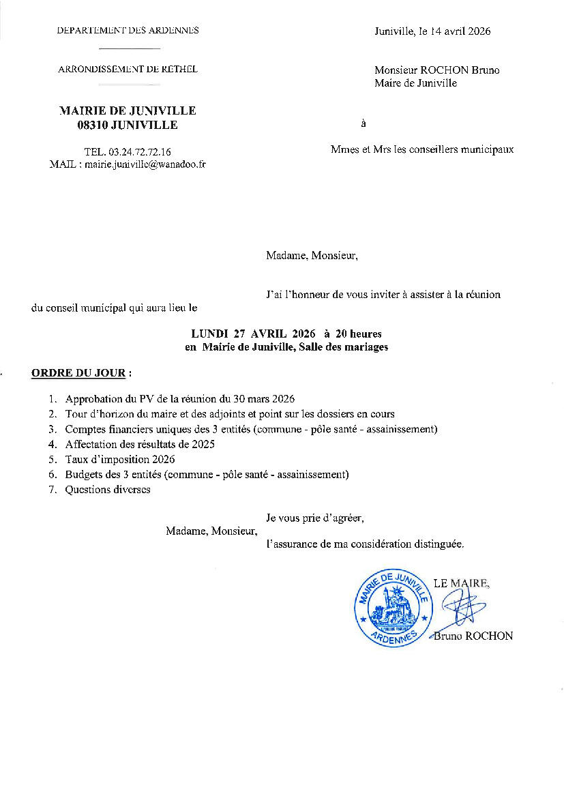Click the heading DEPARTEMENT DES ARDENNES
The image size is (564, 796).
pyautogui.click(x=128, y=31)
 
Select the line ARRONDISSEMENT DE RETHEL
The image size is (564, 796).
pyautogui.click(x=128, y=69)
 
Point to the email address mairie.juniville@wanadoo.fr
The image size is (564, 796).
pyautogui.click(x=145, y=164)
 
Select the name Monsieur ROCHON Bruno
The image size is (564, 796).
pyautogui.click(x=436, y=70)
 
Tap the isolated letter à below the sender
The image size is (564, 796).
pyautogui.click(x=363, y=124)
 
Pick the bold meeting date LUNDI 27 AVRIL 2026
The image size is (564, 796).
pyautogui.click(x=253, y=334)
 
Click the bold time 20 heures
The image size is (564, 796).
pyautogui.click(x=358, y=334)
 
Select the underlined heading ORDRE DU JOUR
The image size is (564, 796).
pyautogui.click(x=78, y=374)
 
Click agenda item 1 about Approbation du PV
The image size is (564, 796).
pyautogui.click(x=179, y=398)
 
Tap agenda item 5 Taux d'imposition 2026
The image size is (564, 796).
pyautogui.click(x=120, y=459)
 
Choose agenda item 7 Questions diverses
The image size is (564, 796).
pyautogui.click(x=107, y=489)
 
